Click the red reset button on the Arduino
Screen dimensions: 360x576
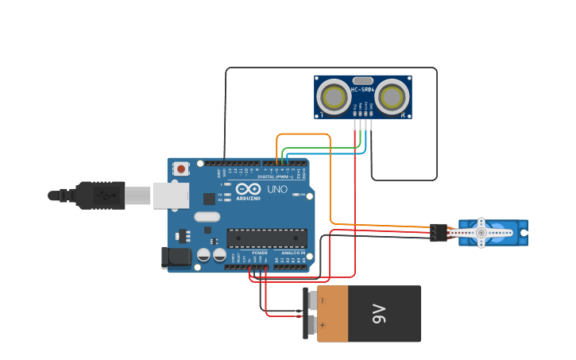click(182, 168)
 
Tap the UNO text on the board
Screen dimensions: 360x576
click(276, 190)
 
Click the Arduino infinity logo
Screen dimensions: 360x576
click(248, 190)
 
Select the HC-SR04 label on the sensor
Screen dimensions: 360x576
click(363, 90)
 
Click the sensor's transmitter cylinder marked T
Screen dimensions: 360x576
click(334, 98)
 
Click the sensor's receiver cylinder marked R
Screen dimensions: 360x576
click(391, 98)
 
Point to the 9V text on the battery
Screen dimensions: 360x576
click(379, 314)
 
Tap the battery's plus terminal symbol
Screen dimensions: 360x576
click(322, 325)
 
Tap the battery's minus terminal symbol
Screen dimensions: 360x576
click(322, 301)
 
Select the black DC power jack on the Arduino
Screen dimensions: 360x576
click(176, 257)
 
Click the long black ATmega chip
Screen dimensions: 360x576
click(266, 238)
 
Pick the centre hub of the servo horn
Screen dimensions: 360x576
click(481, 232)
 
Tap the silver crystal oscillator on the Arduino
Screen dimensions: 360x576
click(206, 216)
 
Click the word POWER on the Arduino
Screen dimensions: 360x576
click(260, 253)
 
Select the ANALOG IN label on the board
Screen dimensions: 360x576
click(292, 253)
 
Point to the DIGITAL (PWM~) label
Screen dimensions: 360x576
click(280, 176)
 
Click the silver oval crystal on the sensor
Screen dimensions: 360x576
click(362, 80)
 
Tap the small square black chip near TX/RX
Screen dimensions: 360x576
click(209, 199)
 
